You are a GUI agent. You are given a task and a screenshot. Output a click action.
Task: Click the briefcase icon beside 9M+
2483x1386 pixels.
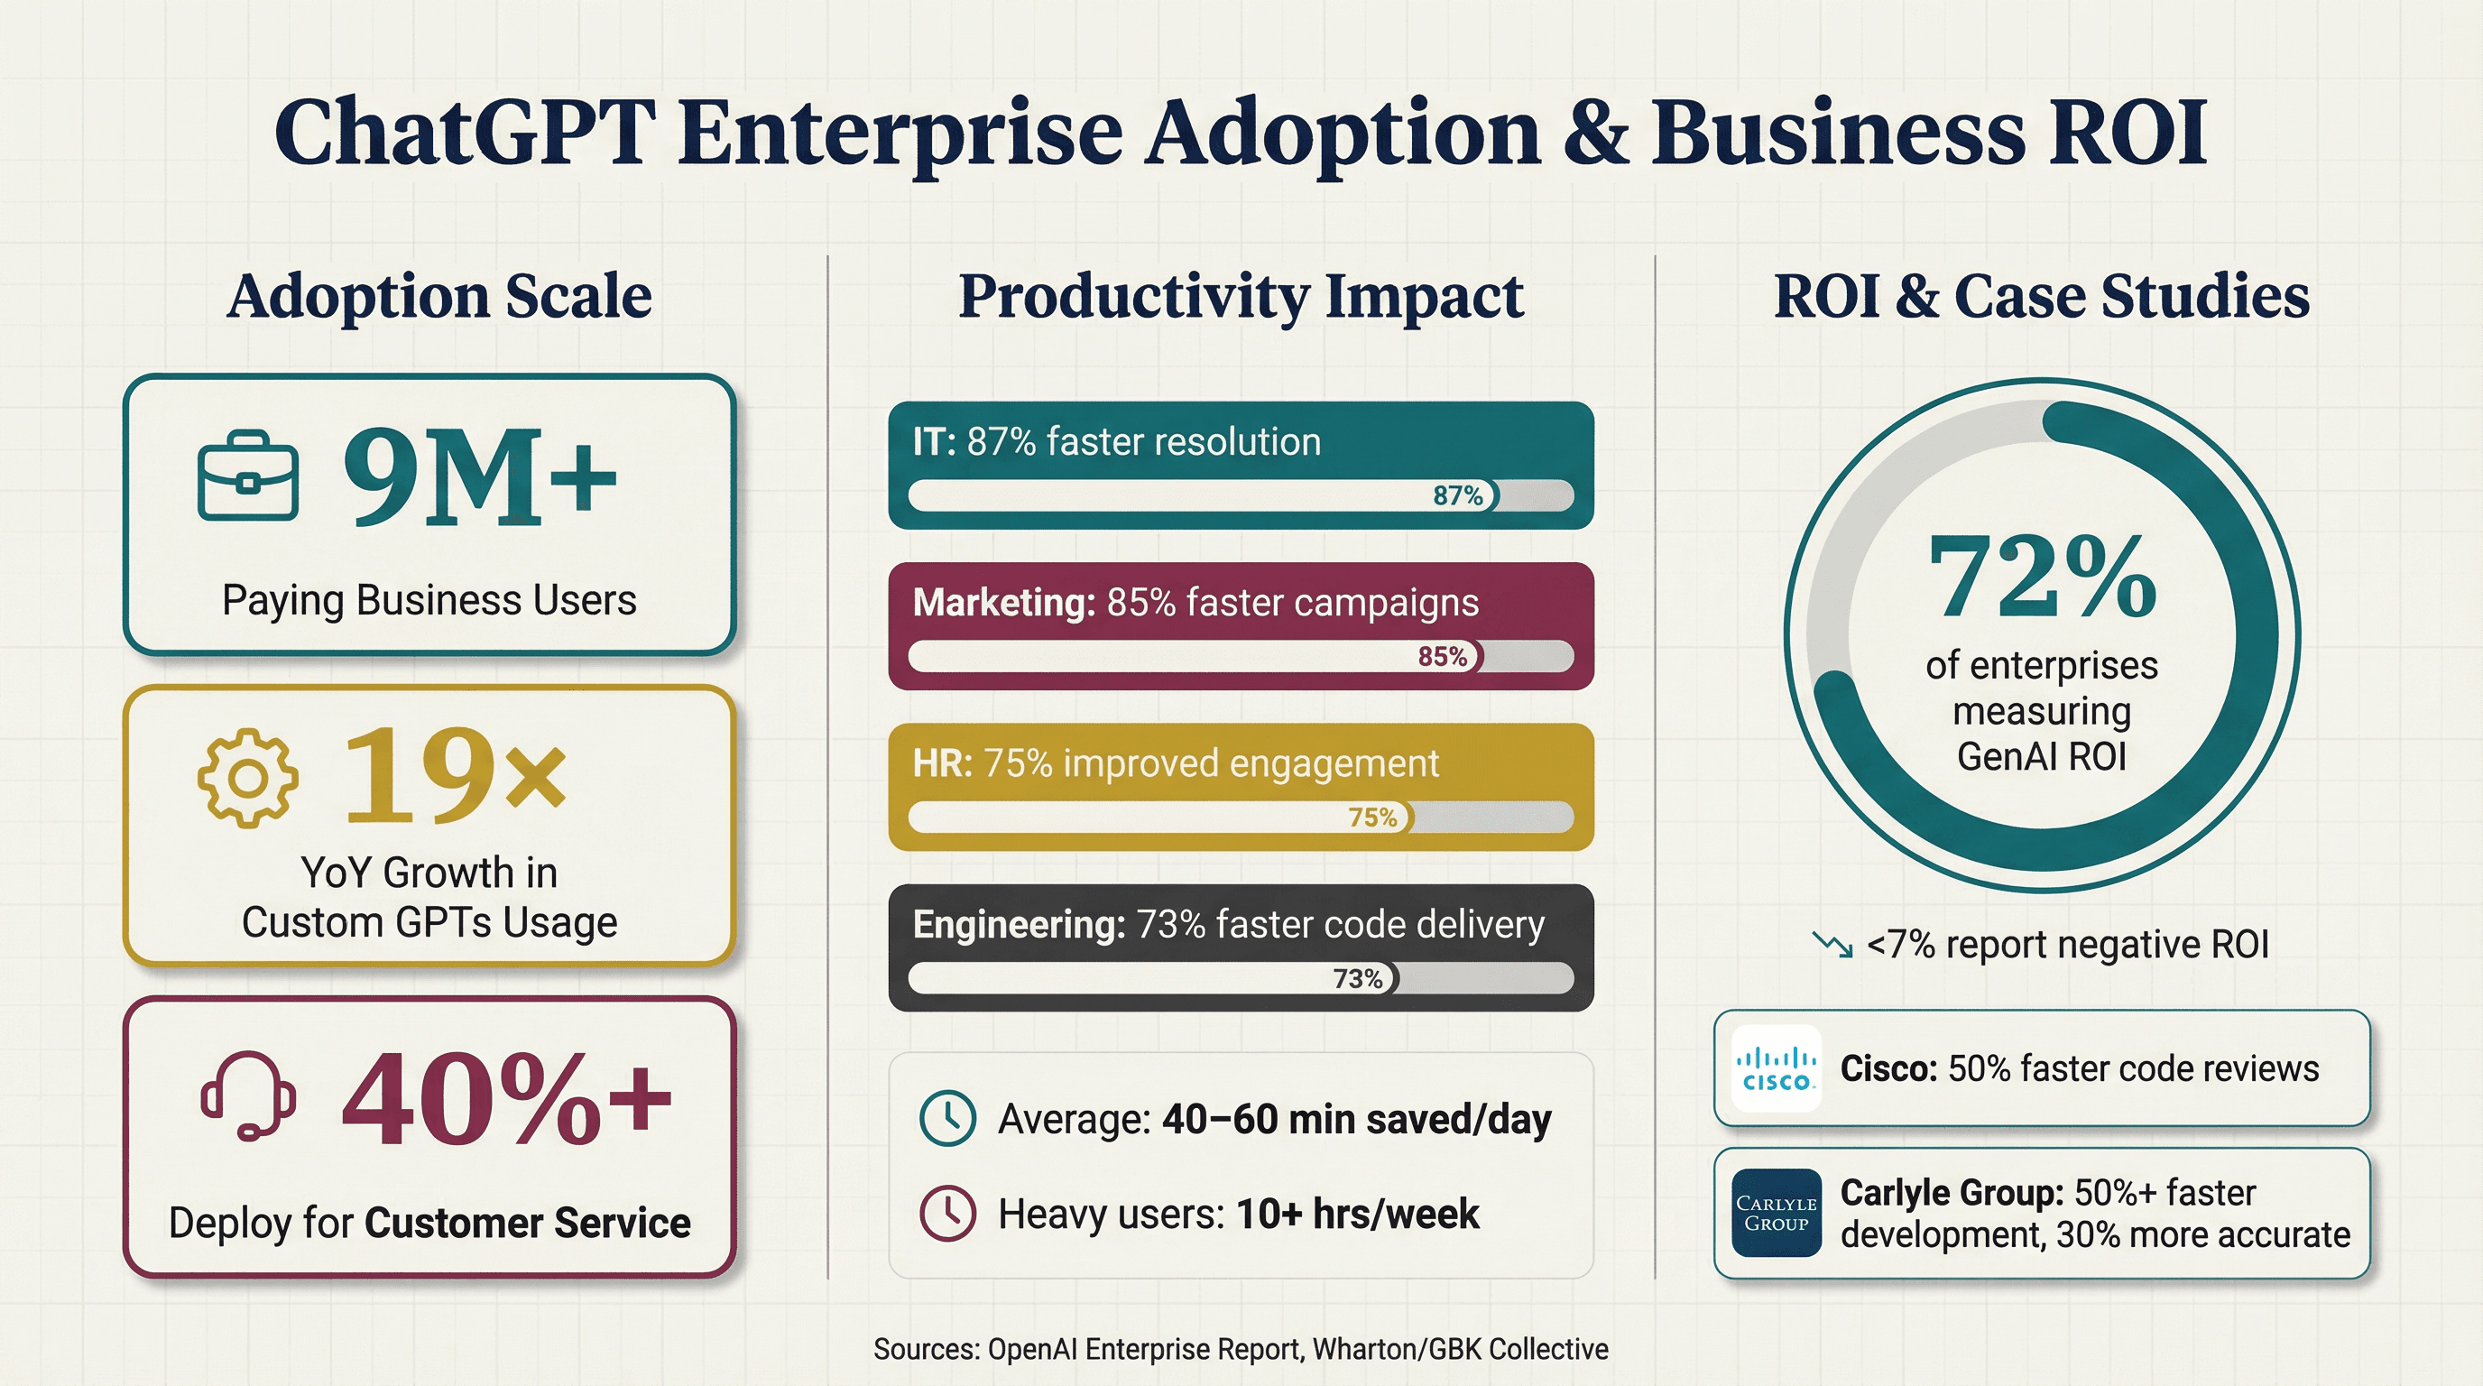248,476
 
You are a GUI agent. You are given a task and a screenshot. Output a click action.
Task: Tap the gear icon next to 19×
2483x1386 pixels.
248,777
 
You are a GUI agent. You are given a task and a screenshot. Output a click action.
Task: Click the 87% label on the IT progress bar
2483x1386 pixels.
1457,495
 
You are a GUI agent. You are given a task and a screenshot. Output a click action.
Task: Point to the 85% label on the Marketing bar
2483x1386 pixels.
1442,656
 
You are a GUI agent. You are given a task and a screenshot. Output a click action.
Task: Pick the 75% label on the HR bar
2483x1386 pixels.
1372,818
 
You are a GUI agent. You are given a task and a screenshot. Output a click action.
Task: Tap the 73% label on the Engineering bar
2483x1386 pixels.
1357,978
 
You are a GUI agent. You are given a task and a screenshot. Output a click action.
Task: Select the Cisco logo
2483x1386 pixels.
1776,1069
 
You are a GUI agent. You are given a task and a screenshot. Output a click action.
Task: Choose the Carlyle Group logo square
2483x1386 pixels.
1776,1214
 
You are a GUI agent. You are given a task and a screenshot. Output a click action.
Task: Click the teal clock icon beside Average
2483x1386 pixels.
947,1118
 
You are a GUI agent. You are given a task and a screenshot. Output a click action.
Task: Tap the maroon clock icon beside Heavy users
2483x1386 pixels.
947,1213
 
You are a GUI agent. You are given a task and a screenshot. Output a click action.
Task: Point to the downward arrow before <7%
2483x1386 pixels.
1832,945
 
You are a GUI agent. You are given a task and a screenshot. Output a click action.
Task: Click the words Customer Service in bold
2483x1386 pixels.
527,1223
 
